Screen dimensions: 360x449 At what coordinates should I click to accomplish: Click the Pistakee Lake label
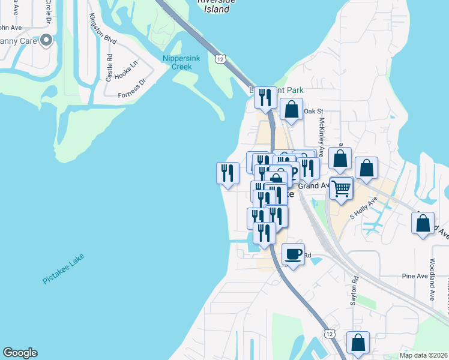[x=64, y=269]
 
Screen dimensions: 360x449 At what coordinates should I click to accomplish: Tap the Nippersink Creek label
[x=177, y=62]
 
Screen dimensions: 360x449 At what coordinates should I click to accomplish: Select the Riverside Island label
[x=213, y=5]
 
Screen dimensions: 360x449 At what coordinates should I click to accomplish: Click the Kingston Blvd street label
[x=102, y=28]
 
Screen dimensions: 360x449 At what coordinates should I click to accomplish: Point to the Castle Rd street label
[x=109, y=68]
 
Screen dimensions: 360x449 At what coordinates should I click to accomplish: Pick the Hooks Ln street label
[x=126, y=70]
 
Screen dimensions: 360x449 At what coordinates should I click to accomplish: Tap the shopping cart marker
[x=341, y=188]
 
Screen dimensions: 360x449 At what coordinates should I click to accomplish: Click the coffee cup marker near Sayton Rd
[x=293, y=254]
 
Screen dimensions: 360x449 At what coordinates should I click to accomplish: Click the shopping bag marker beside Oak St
[x=291, y=110]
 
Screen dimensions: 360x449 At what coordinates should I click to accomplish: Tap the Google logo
[x=20, y=353]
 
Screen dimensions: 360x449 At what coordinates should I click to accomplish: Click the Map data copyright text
[x=423, y=355]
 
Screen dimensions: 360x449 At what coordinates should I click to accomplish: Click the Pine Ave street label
[x=414, y=276]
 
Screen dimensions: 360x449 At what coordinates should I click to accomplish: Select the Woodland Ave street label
[x=432, y=280]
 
